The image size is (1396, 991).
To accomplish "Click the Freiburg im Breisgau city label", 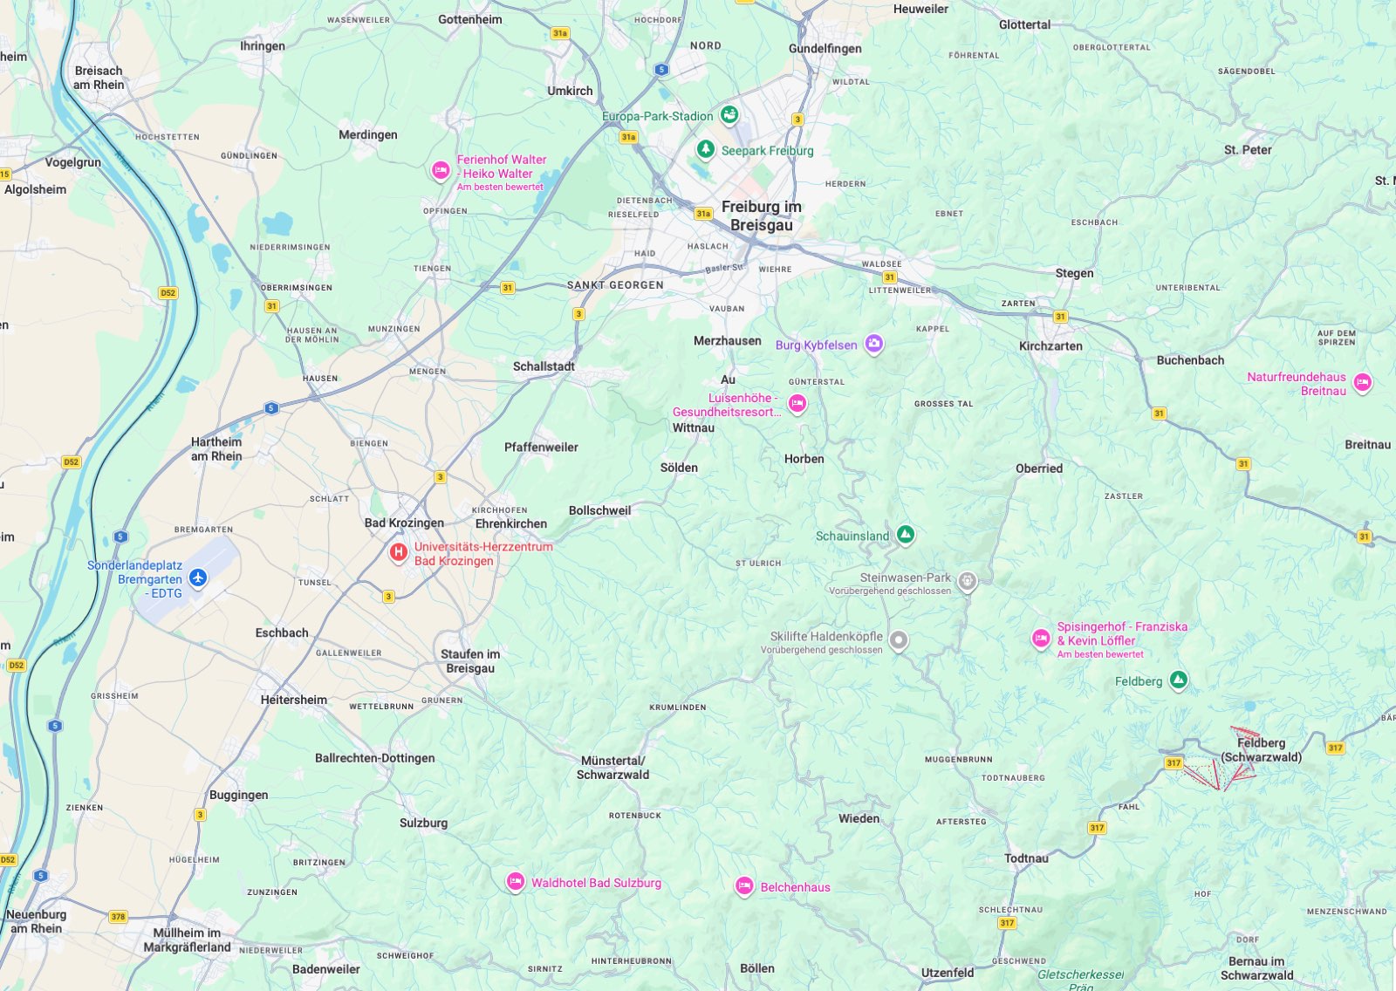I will tap(761, 215).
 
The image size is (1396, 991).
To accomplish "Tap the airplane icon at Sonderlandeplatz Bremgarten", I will tap(198, 578).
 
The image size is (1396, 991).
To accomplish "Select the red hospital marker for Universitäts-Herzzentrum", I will tap(398, 551).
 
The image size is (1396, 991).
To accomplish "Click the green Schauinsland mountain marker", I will tap(906, 534).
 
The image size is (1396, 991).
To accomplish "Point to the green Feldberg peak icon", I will tap(1178, 680).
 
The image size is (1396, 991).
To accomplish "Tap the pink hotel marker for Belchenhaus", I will tap(744, 886).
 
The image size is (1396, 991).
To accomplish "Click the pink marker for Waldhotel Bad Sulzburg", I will tap(516, 882).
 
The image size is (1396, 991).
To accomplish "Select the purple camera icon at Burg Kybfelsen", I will tap(874, 344).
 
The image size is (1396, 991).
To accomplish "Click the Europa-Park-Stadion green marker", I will tap(729, 114).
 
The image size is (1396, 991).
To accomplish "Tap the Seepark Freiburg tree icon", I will tap(706, 149).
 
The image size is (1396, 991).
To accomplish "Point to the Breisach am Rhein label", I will tap(99, 78).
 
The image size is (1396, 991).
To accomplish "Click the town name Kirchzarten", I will tap(1050, 346).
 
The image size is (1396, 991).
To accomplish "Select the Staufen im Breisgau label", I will tap(470, 661).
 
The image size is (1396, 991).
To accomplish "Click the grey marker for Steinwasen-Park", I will tap(967, 581).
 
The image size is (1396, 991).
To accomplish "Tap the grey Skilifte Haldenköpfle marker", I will tap(899, 641).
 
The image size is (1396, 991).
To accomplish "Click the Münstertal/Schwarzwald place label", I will tap(612, 768).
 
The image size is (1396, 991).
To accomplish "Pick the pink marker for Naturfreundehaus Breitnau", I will tap(1362, 382).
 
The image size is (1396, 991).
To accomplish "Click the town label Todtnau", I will tap(1026, 858).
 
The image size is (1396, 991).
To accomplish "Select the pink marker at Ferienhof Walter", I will tap(441, 170).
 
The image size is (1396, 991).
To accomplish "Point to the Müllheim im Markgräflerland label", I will tap(187, 940).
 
